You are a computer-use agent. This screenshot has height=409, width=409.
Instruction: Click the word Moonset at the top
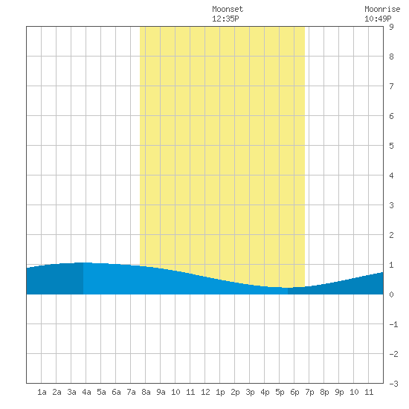pyautogui.click(x=228, y=9)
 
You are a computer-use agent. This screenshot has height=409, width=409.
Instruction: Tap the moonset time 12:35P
pyautogui.click(x=225, y=19)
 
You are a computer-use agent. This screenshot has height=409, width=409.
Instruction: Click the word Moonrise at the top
pyautogui.click(x=382, y=9)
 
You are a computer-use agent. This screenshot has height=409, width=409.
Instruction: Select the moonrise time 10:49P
pyautogui.click(x=378, y=19)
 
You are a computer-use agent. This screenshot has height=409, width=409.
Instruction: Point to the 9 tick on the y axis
pyautogui.click(x=391, y=27)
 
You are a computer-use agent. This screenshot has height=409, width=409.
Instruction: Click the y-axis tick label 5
pyautogui.click(x=391, y=146)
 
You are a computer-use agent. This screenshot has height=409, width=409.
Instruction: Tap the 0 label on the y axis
pyautogui.click(x=391, y=294)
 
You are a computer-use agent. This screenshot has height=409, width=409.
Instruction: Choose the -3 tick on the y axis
pyautogui.click(x=393, y=384)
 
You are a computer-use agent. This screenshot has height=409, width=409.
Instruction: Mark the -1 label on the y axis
pyautogui.click(x=393, y=324)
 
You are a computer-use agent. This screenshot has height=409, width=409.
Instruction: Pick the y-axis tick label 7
pyautogui.click(x=391, y=86)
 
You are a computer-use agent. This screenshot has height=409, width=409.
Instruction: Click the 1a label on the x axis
pyautogui.click(x=42, y=392)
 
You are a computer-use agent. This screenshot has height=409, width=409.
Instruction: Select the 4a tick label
pyautogui.click(x=86, y=392)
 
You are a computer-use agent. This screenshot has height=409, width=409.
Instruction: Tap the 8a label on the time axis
pyautogui.click(x=146, y=392)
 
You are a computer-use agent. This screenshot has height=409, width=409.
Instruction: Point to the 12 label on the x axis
pyautogui.click(x=205, y=392)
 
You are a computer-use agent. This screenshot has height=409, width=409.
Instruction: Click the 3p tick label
pyautogui.click(x=250, y=392)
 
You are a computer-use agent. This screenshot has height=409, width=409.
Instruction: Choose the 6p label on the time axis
pyautogui.click(x=294, y=392)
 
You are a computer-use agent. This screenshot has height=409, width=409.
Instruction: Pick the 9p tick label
pyautogui.click(x=339, y=392)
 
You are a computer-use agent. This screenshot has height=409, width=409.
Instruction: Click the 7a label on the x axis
pyautogui.click(x=131, y=392)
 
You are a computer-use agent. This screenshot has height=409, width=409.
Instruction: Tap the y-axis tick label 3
pyautogui.click(x=391, y=205)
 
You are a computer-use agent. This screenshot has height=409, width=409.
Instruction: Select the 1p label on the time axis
pyautogui.click(x=220, y=392)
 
